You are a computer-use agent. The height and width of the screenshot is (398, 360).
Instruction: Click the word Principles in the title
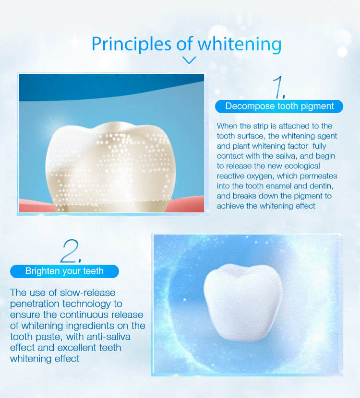(x=132, y=44)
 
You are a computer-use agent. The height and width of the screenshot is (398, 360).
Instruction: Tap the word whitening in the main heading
(x=240, y=44)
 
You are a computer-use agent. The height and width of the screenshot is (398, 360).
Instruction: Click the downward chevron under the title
(x=189, y=60)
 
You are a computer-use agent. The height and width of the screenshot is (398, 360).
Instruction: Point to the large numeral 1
(x=278, y=87)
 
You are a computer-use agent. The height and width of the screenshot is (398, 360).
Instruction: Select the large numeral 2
(x=71, y=251)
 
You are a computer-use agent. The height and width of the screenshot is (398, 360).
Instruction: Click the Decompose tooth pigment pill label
(x=279, y=106)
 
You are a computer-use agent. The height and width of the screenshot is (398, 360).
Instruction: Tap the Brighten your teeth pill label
(x=64, y=271)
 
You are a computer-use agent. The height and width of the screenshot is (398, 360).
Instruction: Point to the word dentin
(x=321, y=186)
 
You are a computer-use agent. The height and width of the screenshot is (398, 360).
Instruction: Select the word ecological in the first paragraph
(x=302, y=166)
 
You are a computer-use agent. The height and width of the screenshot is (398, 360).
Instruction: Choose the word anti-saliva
(x=108, y=337)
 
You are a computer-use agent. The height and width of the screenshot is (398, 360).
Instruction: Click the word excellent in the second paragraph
(x=77, y=348)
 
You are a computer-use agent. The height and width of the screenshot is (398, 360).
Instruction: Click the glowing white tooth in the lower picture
(x=243, y=302)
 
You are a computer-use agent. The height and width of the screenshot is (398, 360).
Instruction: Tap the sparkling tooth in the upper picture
(x=110, y=167)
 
